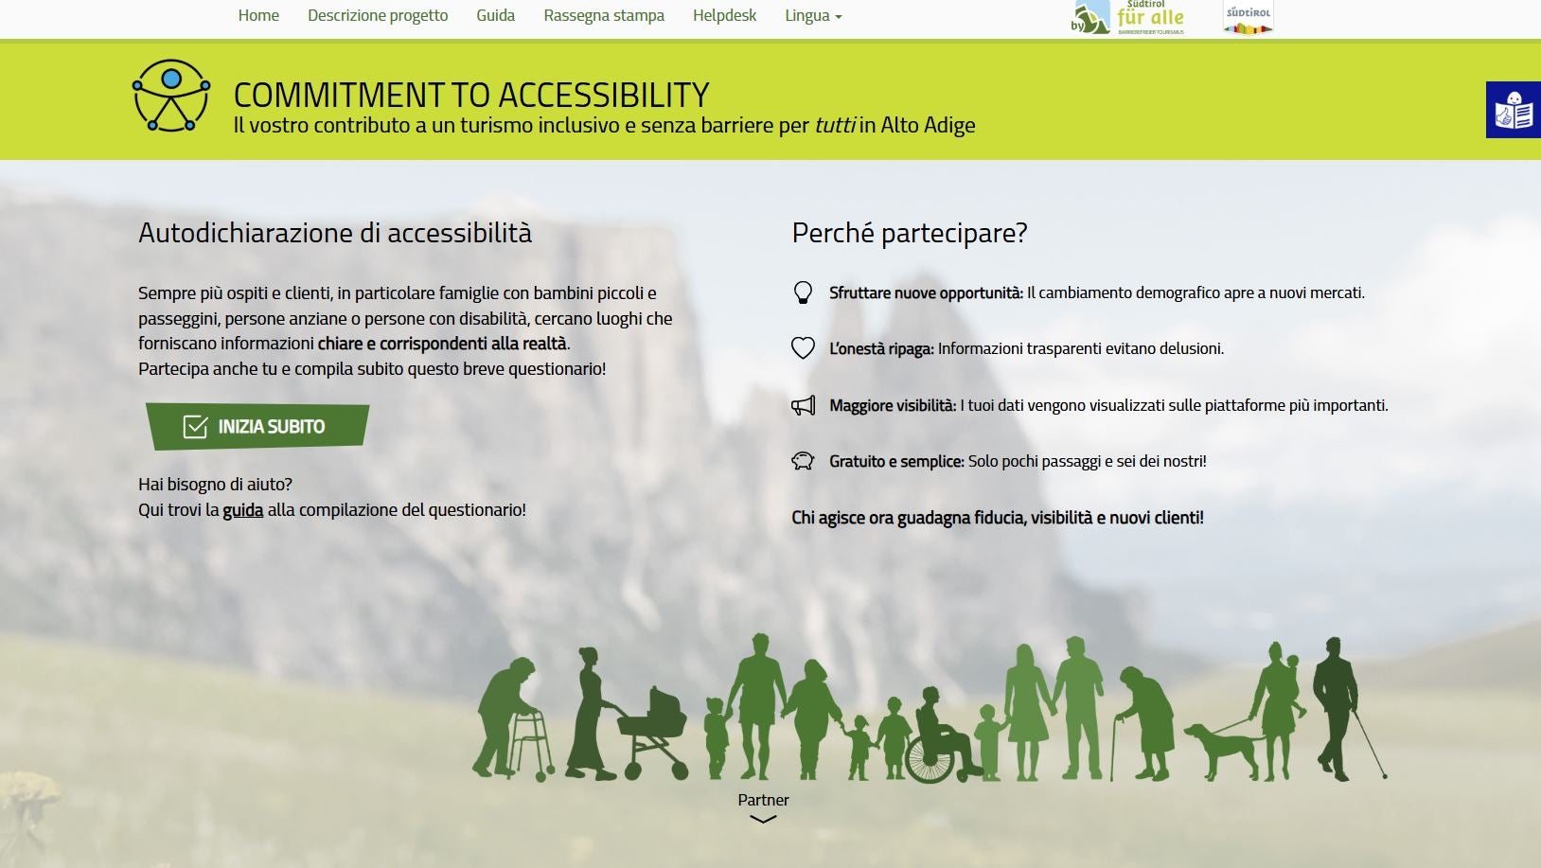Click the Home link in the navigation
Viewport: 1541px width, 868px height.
pyautogui.click(x=258, y=15)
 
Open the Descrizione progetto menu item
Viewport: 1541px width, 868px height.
pyautogui.click(x=378, y=15)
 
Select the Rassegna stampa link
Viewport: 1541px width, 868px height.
pyautogui.click(x=604, y=15)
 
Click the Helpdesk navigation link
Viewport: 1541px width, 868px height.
pyautogui.click(x=724, y=15)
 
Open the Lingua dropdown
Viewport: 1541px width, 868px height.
pyautogui.click(x=812, y=15)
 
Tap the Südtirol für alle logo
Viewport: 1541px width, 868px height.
pyautogui.click(x=1128, y=18)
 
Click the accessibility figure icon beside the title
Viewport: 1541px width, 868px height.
pyautogui.click(x=171, y=96)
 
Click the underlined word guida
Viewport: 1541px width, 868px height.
pyautogui.click(x=242, y=510)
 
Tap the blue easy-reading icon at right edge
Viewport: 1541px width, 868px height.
pyautogui.click(x=1513, y=110)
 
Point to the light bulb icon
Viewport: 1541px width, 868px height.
pyautogui.click(x=803, y=292)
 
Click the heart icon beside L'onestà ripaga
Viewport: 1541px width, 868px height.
pyautogui.click(x=803, y=348)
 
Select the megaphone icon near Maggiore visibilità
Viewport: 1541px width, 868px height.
pyautogui.click(x=803, y=405)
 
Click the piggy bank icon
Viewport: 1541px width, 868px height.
pyautogui.click(x=803, y=461)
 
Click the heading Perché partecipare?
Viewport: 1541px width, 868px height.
pyautogui.click(x=909, y=233)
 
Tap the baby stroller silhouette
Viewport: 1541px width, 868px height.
pyautogui.click(x=654, y=729)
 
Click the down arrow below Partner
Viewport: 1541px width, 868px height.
pyautogui.click(x=763, y=820)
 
